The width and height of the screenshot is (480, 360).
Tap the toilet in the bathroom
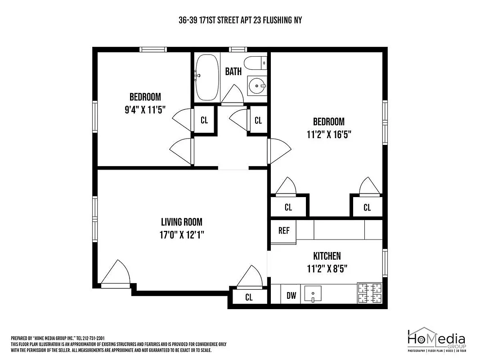click(255, 63)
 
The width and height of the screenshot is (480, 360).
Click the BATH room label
click(233, 71)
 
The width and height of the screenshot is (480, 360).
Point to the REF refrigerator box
click(283, 231)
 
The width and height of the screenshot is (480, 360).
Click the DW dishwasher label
click(292, 296)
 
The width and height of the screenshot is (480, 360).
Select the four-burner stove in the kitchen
click(369, 292)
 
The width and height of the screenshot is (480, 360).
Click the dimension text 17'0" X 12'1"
click(181, 234)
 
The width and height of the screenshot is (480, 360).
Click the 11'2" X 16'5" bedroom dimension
click(328, 134)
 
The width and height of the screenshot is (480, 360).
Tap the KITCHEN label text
click(327, 256)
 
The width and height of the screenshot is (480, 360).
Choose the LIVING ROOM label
click(181, 222)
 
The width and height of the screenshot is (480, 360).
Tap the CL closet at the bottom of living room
click(249, 297)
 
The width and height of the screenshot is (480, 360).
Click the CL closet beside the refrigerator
click(288, 207)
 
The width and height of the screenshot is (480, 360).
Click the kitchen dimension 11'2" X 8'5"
click(327, 269)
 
